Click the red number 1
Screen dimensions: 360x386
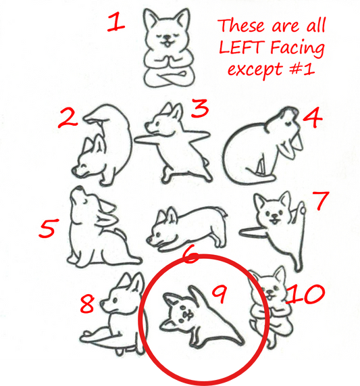tap(116, 22)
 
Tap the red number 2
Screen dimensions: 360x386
tap(68, 118)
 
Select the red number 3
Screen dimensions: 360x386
tap(200, 108)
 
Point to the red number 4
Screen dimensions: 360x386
tap(312, 117)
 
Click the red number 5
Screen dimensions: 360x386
tap(49, 228)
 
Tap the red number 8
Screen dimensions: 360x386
tap(87, 304)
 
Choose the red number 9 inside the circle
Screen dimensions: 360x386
tap(220, 294)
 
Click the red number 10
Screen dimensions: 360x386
tap(305, 293)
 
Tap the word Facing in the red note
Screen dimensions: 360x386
tap(297, 48)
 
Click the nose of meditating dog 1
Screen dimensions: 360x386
tap(168, 38)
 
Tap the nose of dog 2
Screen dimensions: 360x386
tap(74, 170)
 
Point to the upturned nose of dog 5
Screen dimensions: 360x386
tap(79, 189)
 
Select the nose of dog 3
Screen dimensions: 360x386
tap(147, 125)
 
